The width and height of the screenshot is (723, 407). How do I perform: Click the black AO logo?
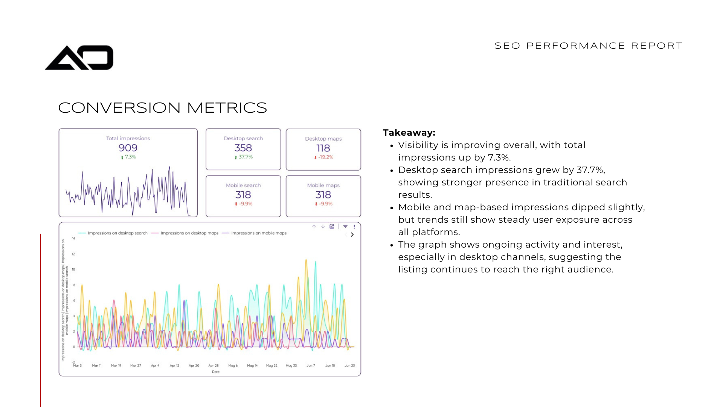tap(79, 58)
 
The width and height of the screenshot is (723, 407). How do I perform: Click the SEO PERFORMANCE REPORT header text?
tap(588, 46)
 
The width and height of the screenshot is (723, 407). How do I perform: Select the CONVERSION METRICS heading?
tap(162, 108)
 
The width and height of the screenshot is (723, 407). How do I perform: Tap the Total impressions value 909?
tap(128, 148)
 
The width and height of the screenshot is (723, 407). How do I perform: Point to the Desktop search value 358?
tap(243, 148)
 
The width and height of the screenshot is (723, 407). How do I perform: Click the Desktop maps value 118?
tap(323, 148)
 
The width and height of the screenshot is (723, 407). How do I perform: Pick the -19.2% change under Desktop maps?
tap(325, 157)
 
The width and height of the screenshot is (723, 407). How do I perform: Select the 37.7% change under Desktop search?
tap(245, 157)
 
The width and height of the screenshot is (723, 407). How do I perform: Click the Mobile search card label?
tap(243, 185)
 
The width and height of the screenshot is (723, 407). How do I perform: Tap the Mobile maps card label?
tap(323, 185)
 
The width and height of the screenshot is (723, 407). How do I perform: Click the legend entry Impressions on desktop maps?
tap(189, 233)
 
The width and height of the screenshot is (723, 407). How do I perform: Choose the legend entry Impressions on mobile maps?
tap(259, 233)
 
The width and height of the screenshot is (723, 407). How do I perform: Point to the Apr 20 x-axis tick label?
tap(194, 366)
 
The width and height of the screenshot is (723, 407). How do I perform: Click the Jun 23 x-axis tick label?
tap(349, 366)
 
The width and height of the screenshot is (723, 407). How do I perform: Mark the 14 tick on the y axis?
tap(73, 239)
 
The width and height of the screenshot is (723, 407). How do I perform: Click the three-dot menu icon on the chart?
tap(354, 226)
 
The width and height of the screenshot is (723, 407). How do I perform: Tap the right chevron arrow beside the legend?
tap(352, 234)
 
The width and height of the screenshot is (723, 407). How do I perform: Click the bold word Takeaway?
tap(409, 133)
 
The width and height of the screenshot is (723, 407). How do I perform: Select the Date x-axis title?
tap(216, 372)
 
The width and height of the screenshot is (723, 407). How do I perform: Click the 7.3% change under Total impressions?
tap(130, 157)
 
